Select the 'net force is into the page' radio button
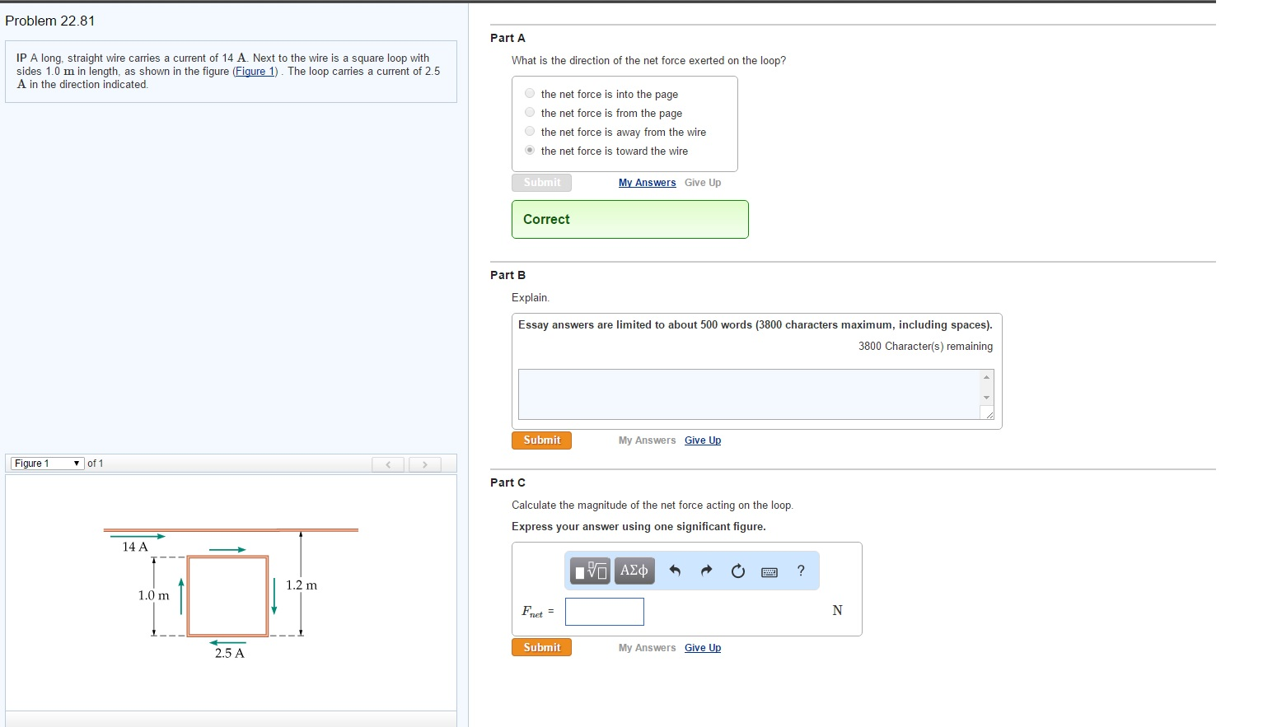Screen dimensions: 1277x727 point(530,93)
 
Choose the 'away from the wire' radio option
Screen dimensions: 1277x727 point(530,132)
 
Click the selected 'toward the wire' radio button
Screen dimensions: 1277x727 point(530,151)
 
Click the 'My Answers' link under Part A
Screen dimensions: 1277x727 point(647,182)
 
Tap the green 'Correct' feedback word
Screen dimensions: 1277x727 point(546,219)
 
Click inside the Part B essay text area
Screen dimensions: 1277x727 point(749,394)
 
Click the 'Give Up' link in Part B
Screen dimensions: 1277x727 point(702,440)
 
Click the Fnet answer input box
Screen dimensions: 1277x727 point(604,612)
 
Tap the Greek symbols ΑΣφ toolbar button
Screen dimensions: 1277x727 point(634,571)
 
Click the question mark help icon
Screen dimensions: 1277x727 point(801,571)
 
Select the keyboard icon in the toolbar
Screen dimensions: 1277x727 point(769,571)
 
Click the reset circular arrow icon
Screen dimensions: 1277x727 point(737,571)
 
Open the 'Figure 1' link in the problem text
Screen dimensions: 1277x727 point(255,72)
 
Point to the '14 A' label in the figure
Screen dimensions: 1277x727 point(135,547)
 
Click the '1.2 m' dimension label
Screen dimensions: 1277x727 point(302,585)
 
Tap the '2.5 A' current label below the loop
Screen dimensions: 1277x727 point(230,654)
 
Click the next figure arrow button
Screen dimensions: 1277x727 point(424,464)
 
